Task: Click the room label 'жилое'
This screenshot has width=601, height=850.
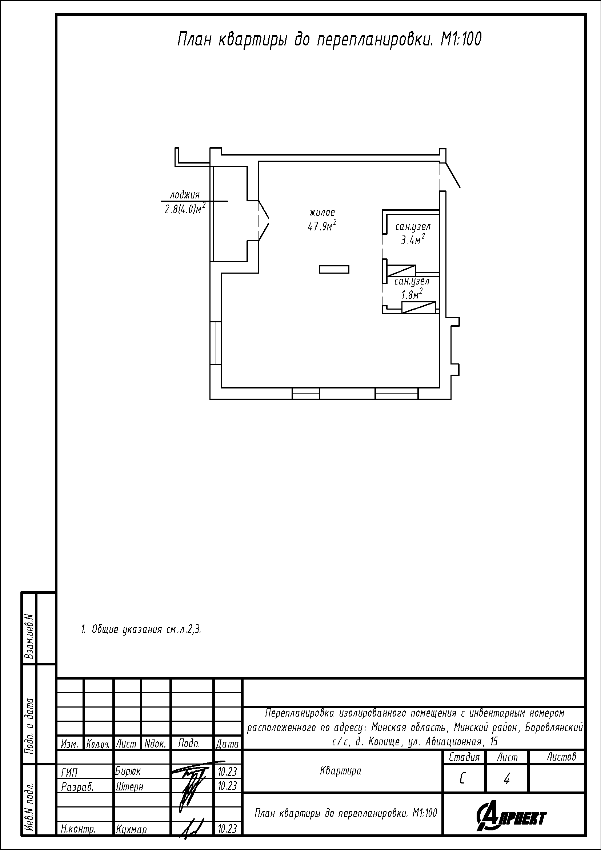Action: tap(322, 213)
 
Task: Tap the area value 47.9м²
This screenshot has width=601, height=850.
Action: tap(322, 225)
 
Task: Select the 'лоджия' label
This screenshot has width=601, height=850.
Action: tap(185, 195)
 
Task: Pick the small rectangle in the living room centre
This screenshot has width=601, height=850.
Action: tap(334, 269)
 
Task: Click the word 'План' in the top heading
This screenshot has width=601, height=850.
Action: tap(194, 40)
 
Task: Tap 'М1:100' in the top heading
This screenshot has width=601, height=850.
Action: tap(461, 40)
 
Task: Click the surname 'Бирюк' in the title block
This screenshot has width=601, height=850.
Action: tap(128, 772)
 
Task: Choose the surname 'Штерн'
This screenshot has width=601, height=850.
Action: tap(129, 786)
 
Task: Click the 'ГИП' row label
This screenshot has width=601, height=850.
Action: tap(69, 772)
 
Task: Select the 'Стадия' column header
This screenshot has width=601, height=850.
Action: tap(464, 757)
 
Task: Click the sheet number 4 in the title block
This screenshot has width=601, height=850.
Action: tap(507, 779)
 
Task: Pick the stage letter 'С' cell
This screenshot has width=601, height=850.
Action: tap(462, 779)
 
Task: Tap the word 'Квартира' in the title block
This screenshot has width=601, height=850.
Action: tap(340, 772)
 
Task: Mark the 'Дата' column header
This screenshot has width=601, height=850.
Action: tap(227, 744)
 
